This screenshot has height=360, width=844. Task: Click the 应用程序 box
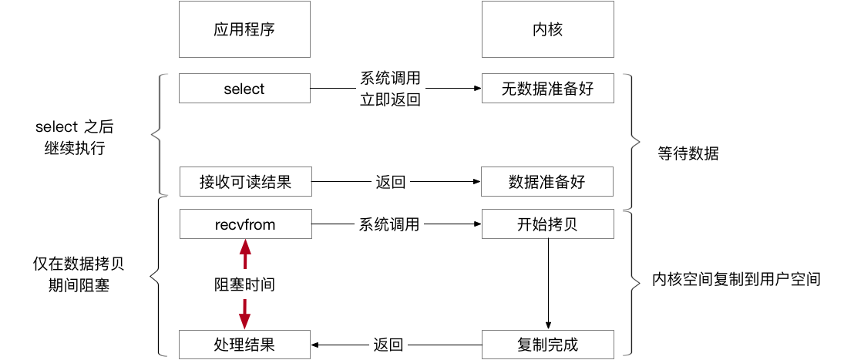point(244,29)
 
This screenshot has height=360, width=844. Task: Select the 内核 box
point(547,29)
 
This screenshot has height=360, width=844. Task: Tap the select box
point(244,89)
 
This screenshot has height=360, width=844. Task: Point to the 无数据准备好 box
point(547,89)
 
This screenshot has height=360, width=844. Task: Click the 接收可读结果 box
point(244,183)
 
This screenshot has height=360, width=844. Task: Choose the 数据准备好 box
point(547,183)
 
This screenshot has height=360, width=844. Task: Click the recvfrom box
point(244,224)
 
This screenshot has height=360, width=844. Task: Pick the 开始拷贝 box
point(547,224)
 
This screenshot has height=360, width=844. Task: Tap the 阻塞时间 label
point(244,284)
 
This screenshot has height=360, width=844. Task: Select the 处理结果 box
point(244,344)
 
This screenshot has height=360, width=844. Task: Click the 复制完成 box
point(547,344)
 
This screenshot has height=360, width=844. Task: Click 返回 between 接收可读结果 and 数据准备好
point(390,183)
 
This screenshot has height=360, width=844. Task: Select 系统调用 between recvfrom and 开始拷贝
point(390,224)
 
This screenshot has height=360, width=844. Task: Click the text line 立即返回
point(390,99)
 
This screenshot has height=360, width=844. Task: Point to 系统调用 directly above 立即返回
point(390,79)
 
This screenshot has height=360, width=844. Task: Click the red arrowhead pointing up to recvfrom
point(245,247)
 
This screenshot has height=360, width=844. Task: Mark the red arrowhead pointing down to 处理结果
point(245,321)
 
